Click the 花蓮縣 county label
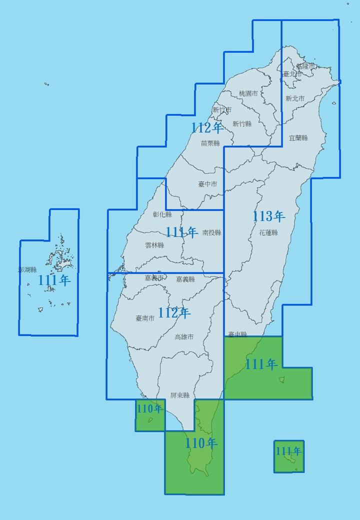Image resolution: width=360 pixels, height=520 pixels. pyautogui.click(x=268, y=232)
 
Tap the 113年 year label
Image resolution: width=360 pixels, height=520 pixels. pyautogui.click(x=268, y=216)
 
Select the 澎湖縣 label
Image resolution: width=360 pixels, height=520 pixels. pyautogui.click(x=27, y=269)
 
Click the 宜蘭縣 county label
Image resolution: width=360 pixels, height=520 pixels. pyautogui.click(x=298, y=138)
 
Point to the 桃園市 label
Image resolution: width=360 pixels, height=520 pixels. pyautogui.click(x=248, y=93)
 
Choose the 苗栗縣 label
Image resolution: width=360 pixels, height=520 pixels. pyautogui.click(x=210, y=143)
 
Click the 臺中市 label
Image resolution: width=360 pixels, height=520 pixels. pyautogui.click(x=207, y=184)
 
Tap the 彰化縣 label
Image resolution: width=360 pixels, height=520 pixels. pyautogui.click(x=162, y=214)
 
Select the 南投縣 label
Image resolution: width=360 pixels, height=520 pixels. pyautogui.click(x=211, y=232)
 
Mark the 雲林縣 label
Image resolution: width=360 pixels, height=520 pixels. pyautogui.click(x=154, y=245)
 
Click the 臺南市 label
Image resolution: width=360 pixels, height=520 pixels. pyautogui.click(x=145, y=318)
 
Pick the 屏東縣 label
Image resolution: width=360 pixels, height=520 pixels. pyautogui.click(x=179, y=395)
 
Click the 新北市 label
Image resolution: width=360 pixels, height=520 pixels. pyautogui.click(x=295, y=98)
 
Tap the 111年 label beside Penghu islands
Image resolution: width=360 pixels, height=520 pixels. pyautogui.click(x=54, y=280)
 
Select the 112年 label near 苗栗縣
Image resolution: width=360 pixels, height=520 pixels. pyautogui.click(x=207, y=128)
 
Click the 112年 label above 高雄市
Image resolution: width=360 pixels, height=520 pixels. pyautogui.click(x=174, y=313)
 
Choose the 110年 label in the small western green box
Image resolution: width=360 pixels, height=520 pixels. pyautogui.click(x=149, y=409)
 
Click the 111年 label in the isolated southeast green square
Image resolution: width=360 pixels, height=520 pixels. pyautogui.click(x=288, y=451)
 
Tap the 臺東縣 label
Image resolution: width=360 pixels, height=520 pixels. pyautogui.click(x=237, y=334)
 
